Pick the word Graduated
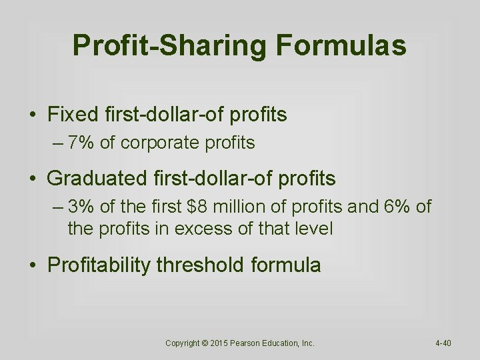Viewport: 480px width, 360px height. pos(96,178)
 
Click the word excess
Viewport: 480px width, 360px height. pos(201,229)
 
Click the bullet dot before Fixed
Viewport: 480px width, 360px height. pos(33,115)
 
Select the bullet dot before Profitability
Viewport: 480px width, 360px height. pos(33,266)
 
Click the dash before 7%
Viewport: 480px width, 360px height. pos(57,143)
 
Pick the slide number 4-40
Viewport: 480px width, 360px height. pos(443,343)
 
